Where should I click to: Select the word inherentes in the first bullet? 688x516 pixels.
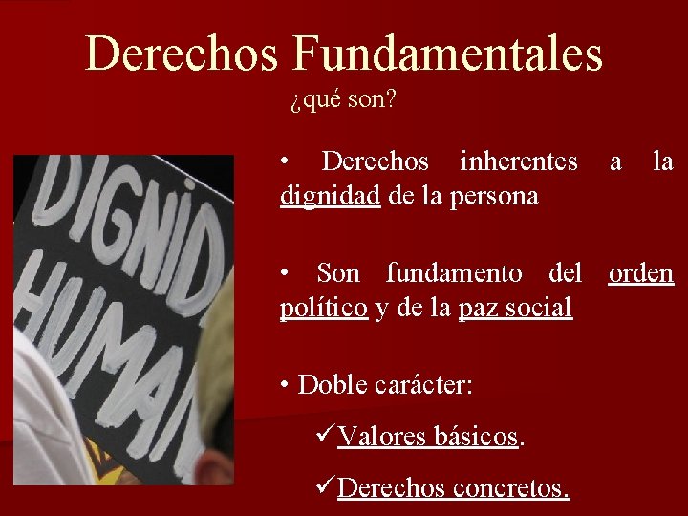(518, 161)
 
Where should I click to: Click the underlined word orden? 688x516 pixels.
(641, 273)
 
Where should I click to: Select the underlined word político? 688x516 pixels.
(324, 308)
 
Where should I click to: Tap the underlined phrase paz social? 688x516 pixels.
(515, 308)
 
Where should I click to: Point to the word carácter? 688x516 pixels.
(424, 385)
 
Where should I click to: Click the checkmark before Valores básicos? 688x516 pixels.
(324, 436)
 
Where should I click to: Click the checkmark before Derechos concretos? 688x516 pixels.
(324, 487)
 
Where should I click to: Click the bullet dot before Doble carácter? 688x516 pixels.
(286, 386)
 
